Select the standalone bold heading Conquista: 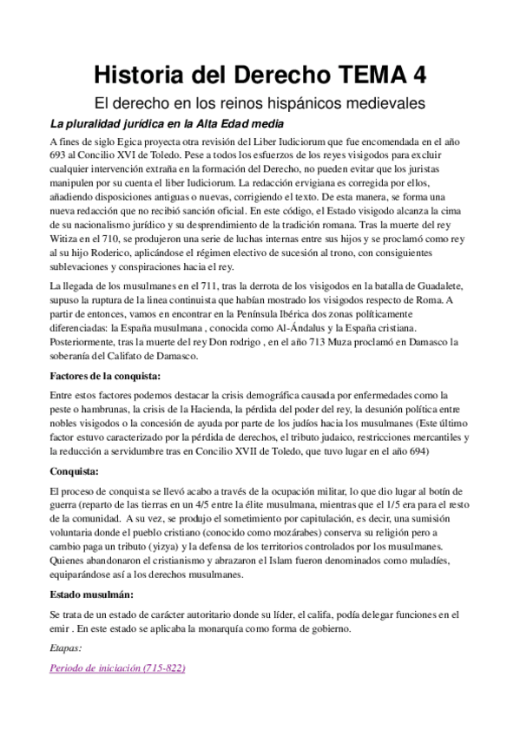coord(76,470)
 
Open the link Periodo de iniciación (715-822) coord(117,669)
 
